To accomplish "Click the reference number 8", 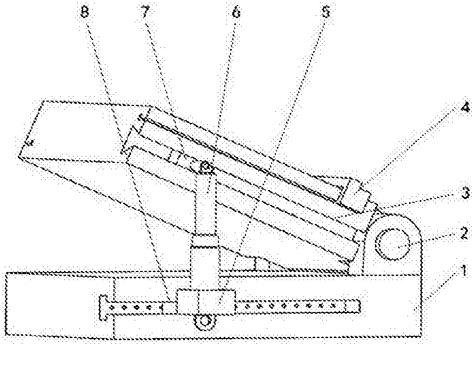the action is coord(85,13).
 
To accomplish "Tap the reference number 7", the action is coord(145,12).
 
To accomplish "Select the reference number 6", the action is coord(236,13).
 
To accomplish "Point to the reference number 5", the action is coord(326,12).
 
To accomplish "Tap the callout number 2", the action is coord(465,233).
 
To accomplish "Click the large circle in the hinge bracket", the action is coord(393,244).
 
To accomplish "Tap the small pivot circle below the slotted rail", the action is coord(205,321).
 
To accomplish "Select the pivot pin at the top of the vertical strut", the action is coord(207,167).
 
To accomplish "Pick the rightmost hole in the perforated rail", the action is coord(333,305).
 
